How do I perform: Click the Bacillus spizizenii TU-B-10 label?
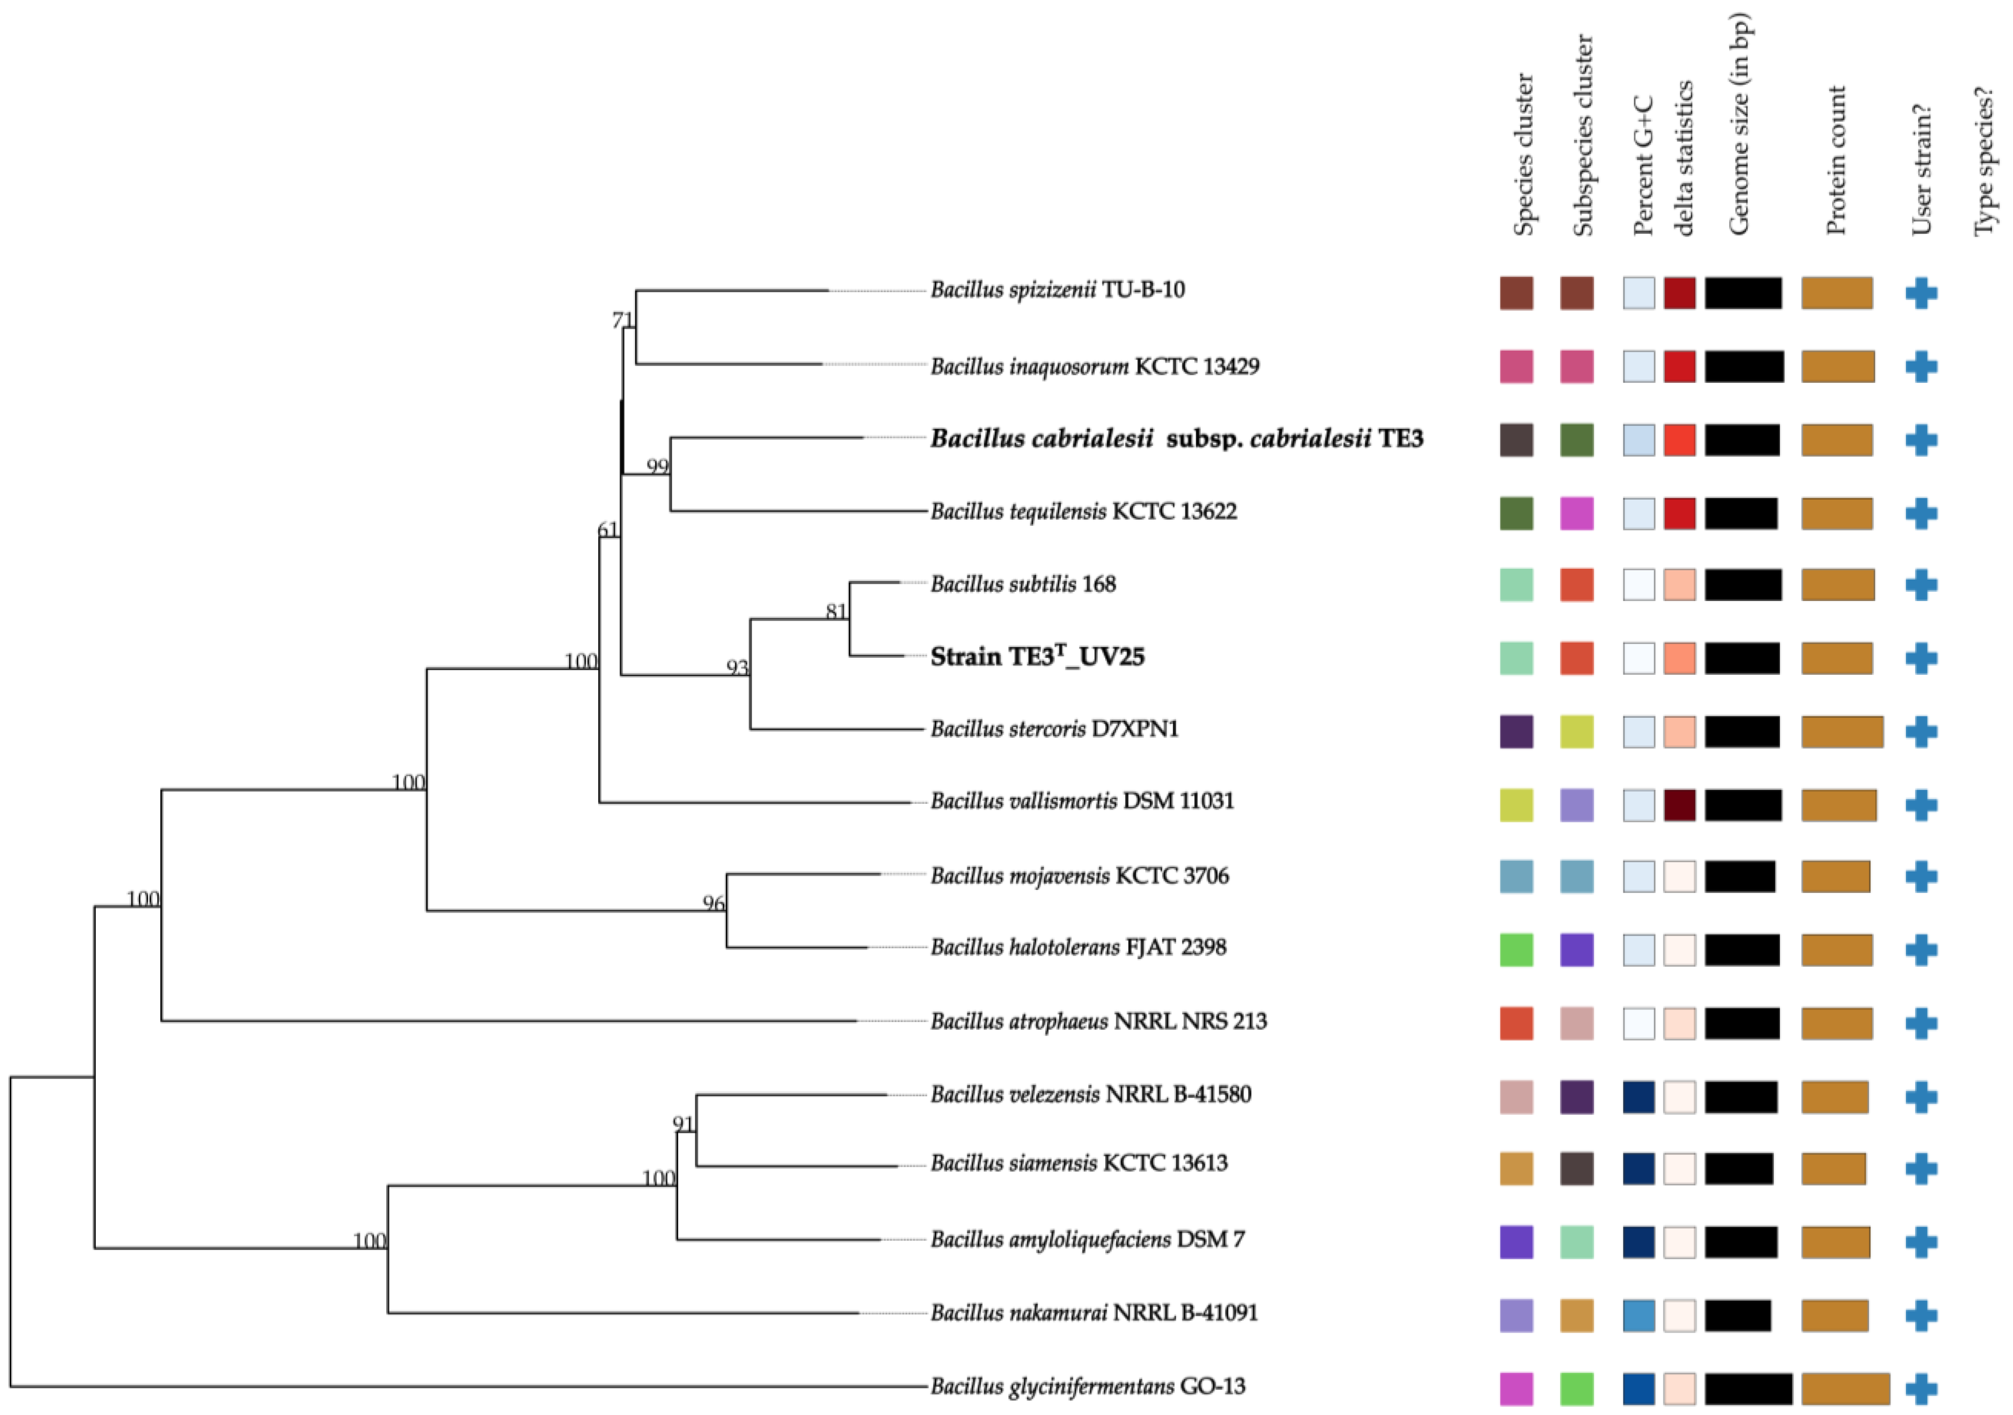pos(1057,290)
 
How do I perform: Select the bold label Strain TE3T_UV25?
pos(1037,657)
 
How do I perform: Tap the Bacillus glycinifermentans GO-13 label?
pos(1087,1386)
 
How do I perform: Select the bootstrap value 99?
pos(658,466)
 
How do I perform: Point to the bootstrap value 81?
pos(836,612)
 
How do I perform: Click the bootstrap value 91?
pos(683,1124)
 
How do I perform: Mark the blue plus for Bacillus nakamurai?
pos(1921,1315)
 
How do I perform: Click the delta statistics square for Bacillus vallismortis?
pos(1679,805)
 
